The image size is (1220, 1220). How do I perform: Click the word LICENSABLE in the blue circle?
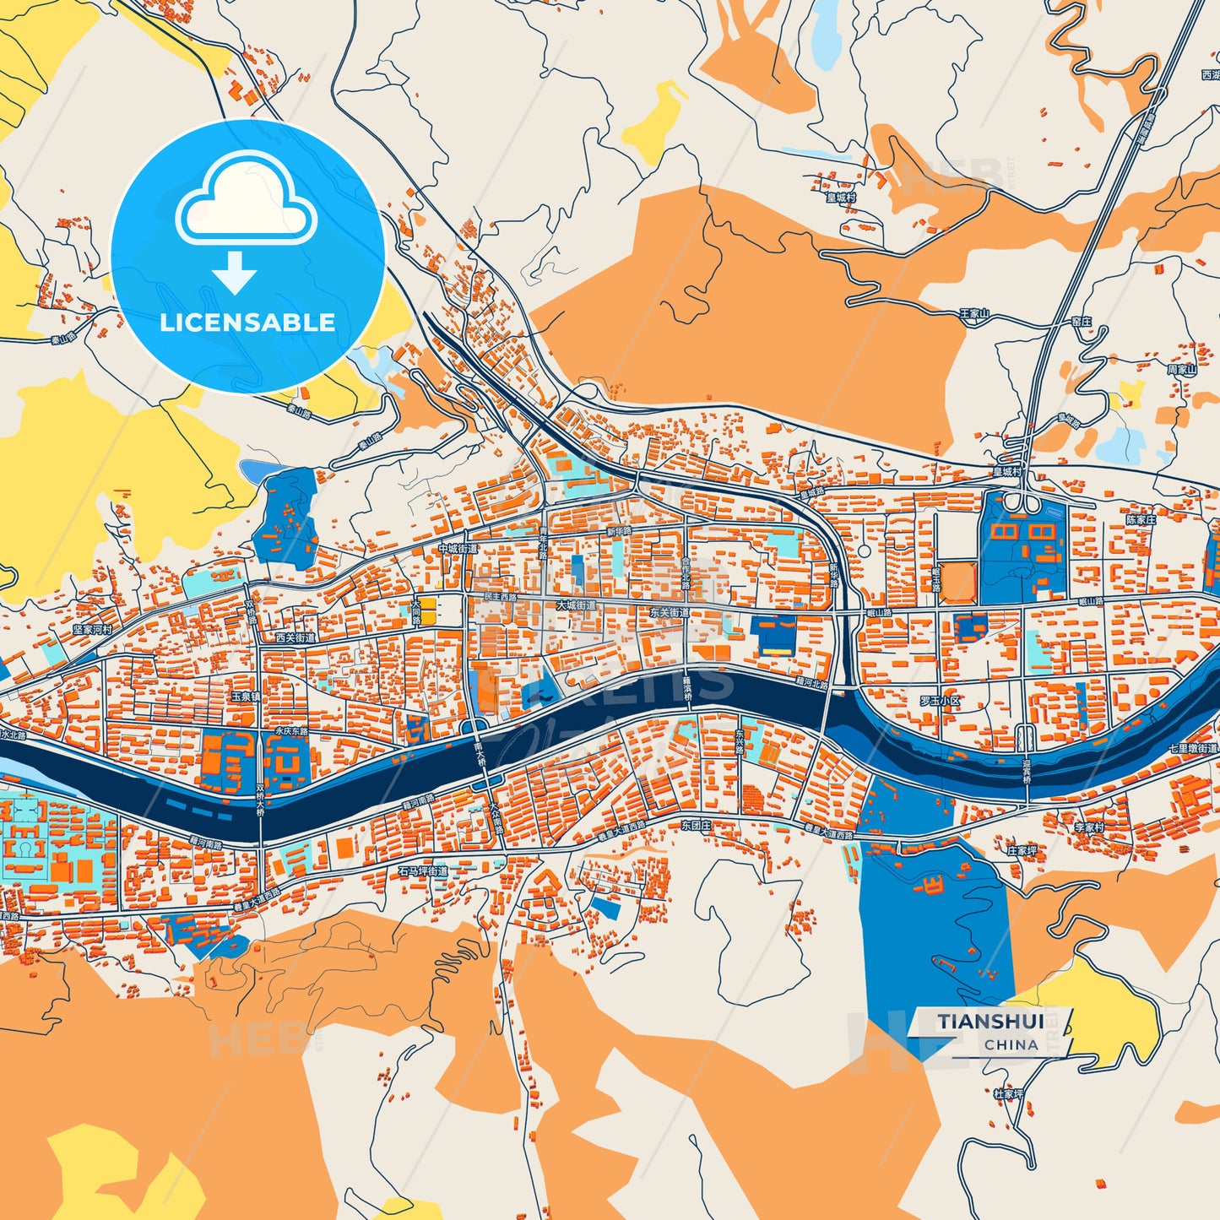pyautogui.click(x=247, y=323)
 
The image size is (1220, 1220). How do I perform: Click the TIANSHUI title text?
pyautogui.click(x=990, y=1022)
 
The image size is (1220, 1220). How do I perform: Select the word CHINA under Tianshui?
pyautogui.click(x=1011, y=1045)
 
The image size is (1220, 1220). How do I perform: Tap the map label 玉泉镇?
pyautogui.click(x=247, y=697)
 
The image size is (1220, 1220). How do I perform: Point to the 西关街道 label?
pyautogui.click(x=296, y=638)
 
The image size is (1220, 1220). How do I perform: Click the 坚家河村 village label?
pyautogui.click(x=92, y=630)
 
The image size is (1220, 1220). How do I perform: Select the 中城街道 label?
pyautogui.click(x=458, y=549)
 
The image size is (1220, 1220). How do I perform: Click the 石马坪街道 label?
pyautogui.click(x=423, y=870)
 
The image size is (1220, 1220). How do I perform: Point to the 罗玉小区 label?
pyautogui.click(x=940, y=701)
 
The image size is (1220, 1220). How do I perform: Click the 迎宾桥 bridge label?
pyautogui.click(x=1027, y=770)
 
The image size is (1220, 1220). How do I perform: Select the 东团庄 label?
pyautogui.click(x=696, y=826)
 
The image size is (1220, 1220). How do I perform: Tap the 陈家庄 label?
pyautogui.click(x=1141, y=520)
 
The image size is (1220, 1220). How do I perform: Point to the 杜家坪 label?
pyautogui.click(x=1008, y=1093)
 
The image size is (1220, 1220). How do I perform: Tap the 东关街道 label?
pyautogui.click(x=670, y=613)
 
